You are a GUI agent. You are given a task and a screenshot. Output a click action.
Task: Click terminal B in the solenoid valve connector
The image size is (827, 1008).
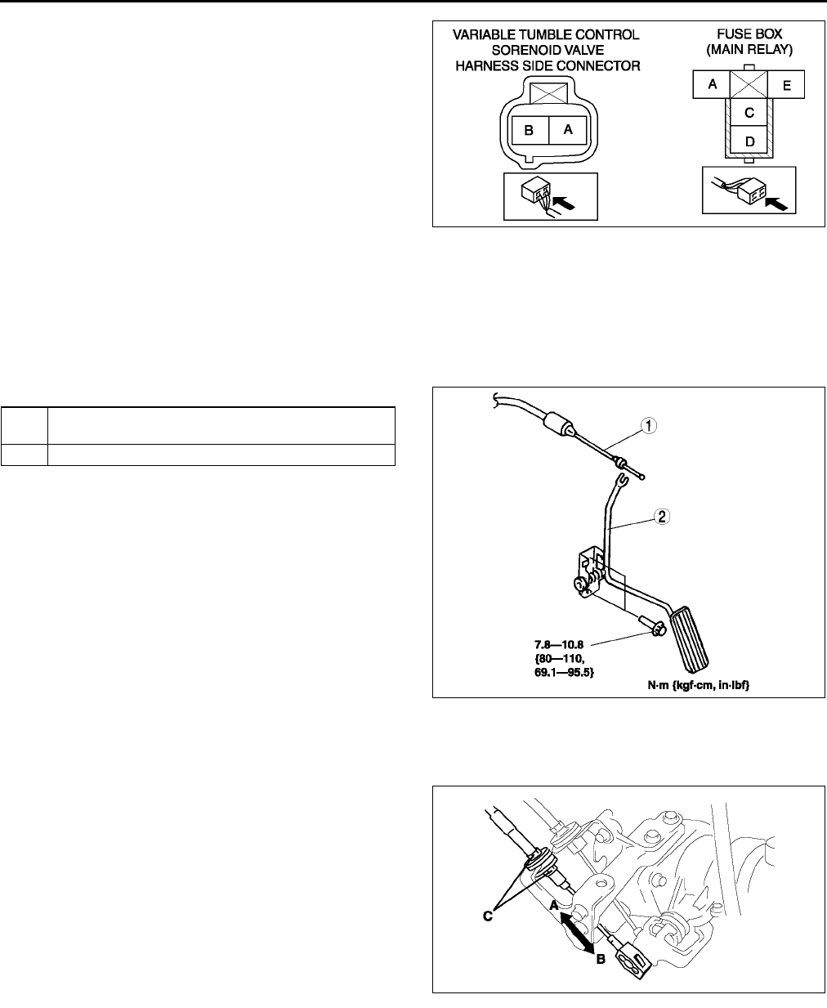coord(528,130)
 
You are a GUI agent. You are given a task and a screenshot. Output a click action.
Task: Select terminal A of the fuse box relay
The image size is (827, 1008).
coord(713,84)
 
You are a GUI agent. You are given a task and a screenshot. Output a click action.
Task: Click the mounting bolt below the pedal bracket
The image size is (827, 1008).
coord(651,627)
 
